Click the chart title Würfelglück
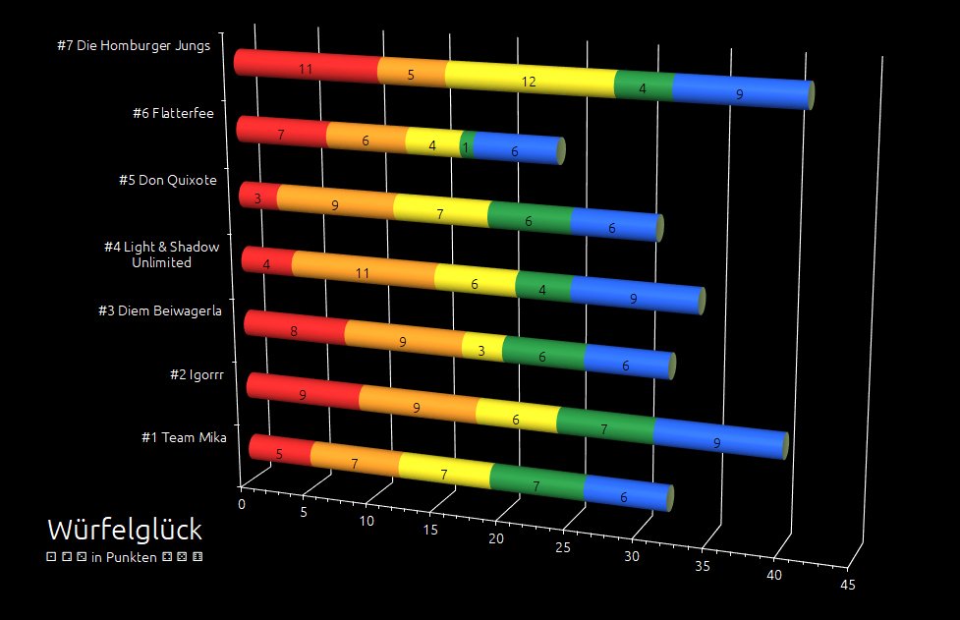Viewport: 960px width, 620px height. click(x=125, y=531)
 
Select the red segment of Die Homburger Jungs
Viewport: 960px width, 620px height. click(x=307, y=67)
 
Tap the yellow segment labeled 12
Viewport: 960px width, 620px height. click(x=530, y=81)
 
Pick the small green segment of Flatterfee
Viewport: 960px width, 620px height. click(x=467, y=145)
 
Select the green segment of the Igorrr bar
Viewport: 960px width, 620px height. click(x=603, y=428)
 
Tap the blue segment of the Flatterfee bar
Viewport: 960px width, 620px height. click(x=515, y=150)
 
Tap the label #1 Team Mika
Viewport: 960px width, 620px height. click(x=184, y=437)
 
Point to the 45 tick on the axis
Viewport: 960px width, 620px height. click(x=848, y=585)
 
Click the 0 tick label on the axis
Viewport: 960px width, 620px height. click(x=242, y=503)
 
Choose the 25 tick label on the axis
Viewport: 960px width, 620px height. click(x=563, y=547)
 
